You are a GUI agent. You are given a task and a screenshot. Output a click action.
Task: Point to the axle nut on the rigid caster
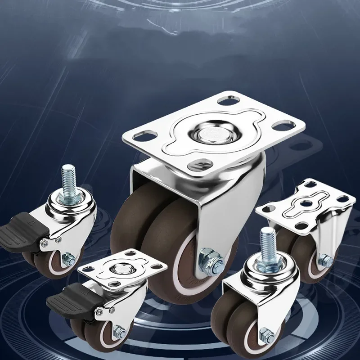(325, 260)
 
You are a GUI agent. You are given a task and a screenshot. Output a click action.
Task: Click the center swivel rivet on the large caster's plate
(211, 135)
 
